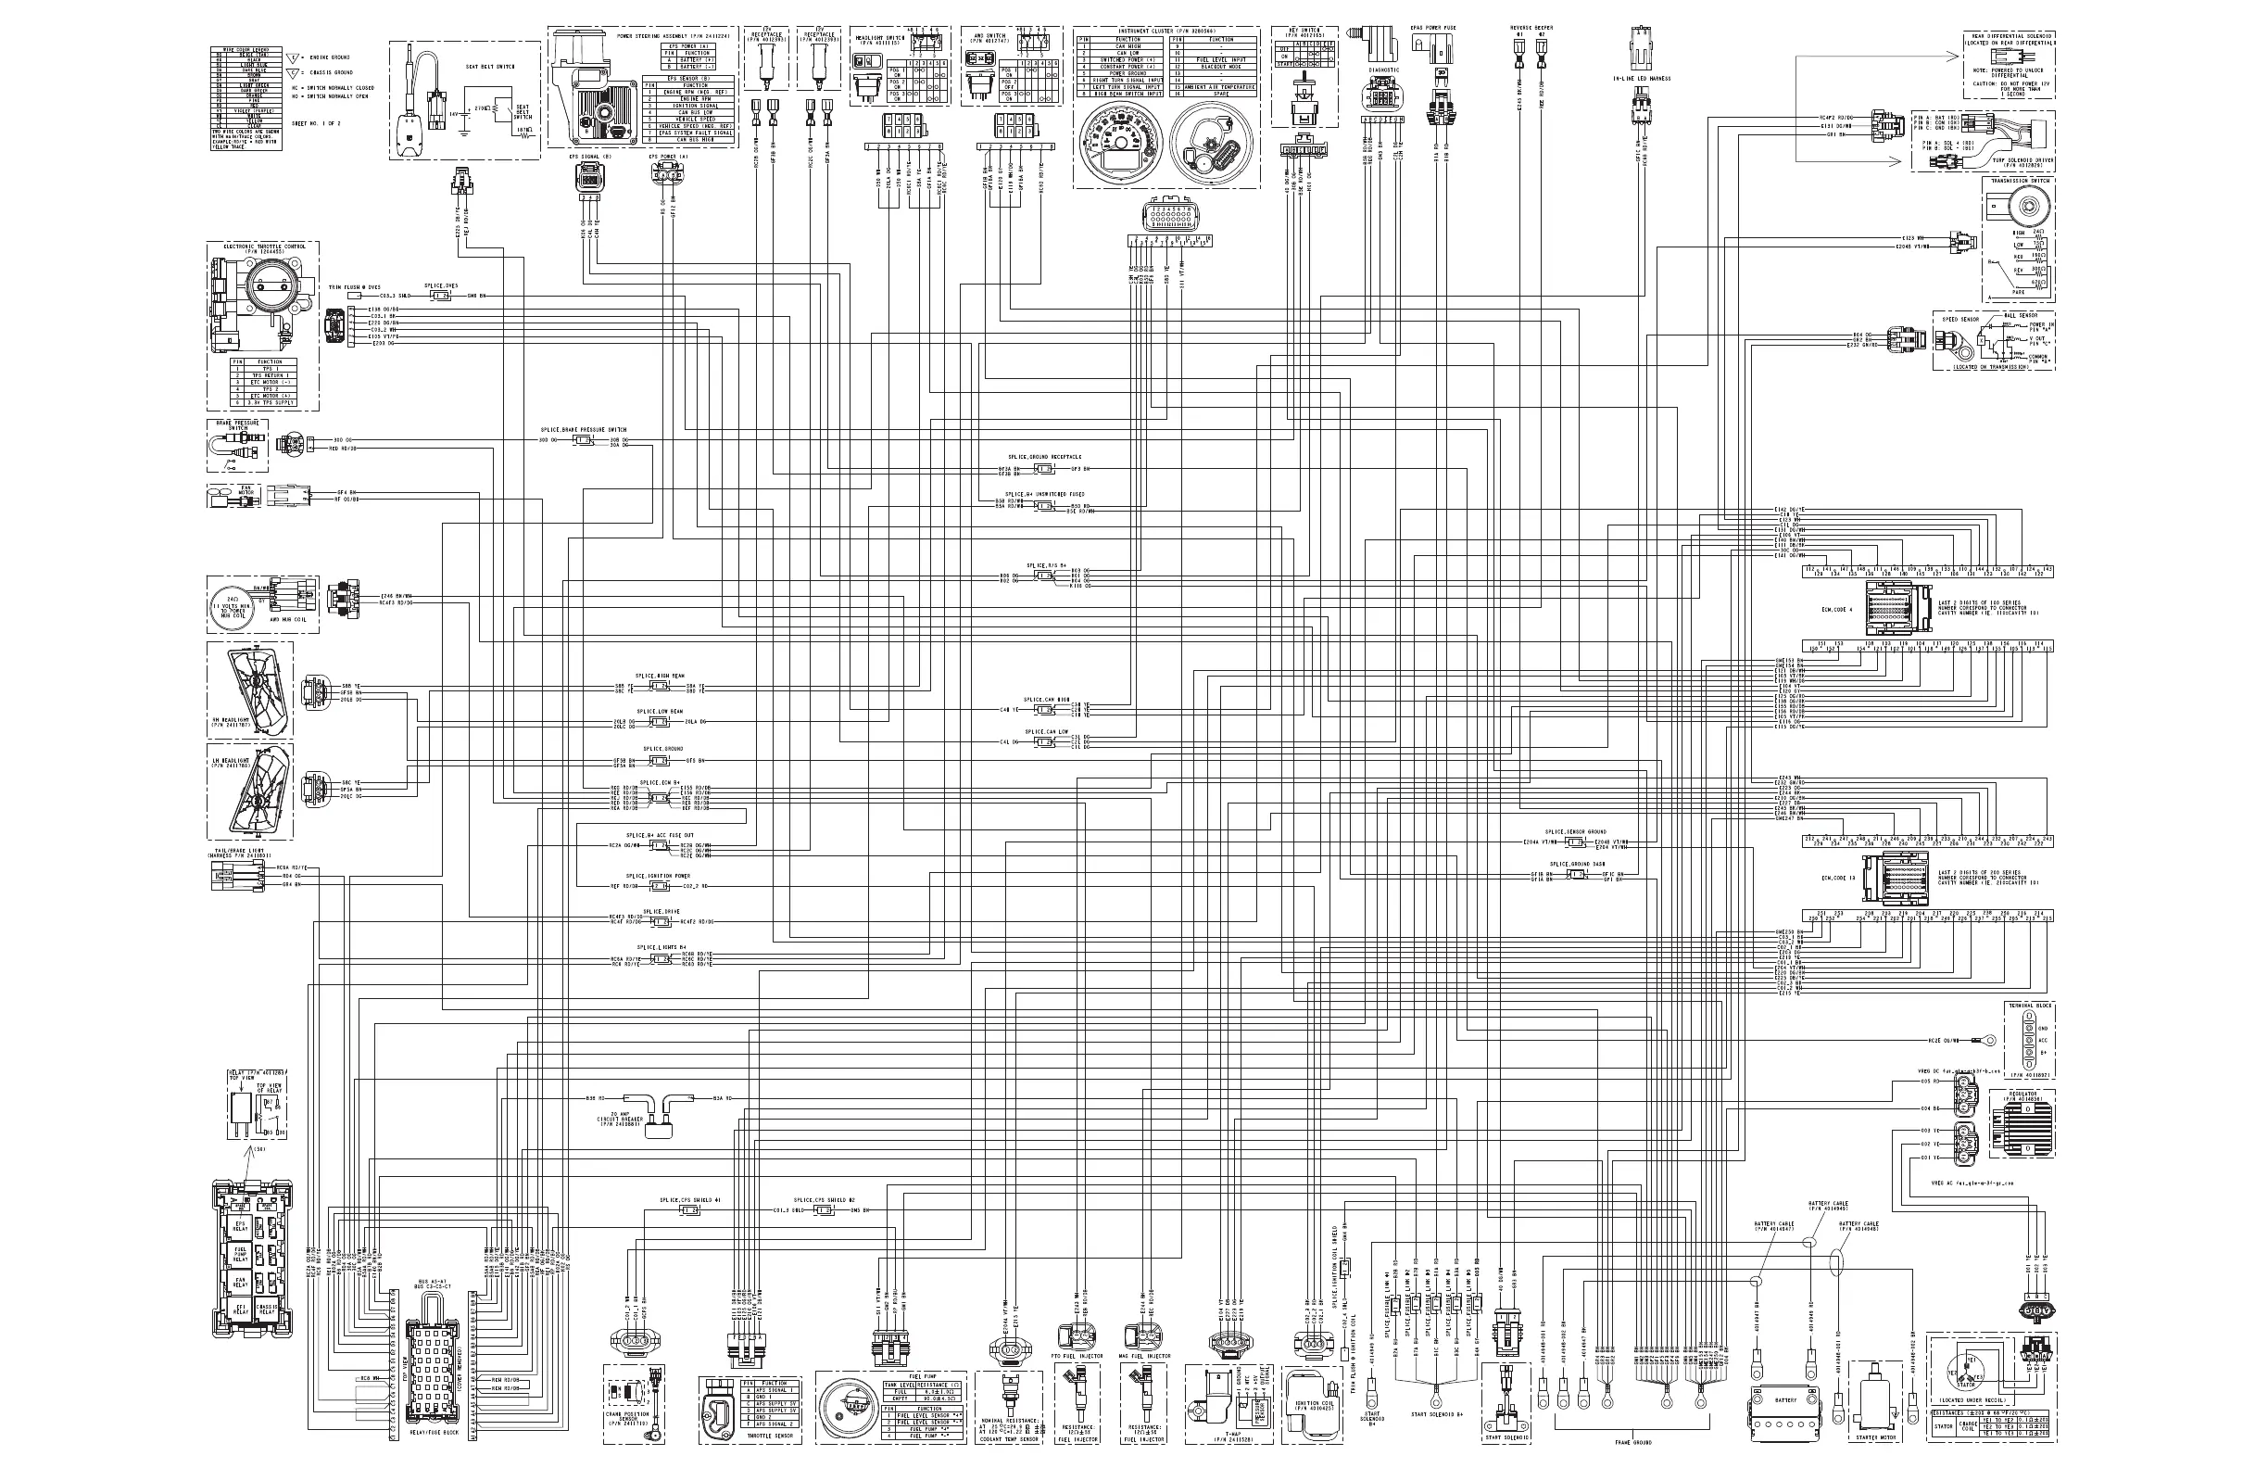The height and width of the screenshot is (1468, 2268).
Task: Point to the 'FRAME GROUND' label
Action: [x=1633, y=1443]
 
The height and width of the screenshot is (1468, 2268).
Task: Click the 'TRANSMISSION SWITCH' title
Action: [x=2020, y=181]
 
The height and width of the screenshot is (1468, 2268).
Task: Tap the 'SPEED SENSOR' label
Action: [x=1961, y=320]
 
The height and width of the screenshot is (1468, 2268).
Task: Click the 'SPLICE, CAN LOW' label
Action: [x=1046, y=732]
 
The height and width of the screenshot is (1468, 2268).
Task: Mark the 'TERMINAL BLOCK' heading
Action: [x=2029, y=1006]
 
